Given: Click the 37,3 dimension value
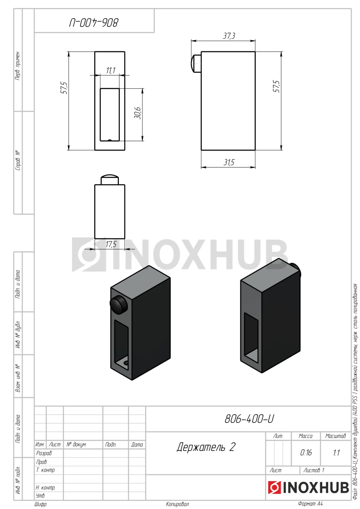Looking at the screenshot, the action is pos(229,36).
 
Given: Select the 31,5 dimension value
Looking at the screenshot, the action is pos(229,162).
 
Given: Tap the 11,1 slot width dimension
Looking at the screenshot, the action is pos(111,70).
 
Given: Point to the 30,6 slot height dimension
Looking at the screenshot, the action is pos(138,113).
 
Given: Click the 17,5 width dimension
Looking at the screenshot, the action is pos(111,244).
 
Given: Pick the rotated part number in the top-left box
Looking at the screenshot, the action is pos(94,23).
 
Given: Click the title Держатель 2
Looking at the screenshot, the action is pos(206,447).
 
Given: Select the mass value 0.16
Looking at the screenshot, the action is pos(306,453).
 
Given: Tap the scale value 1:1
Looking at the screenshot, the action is pos(337,453).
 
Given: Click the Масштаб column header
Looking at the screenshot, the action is pos(335,436).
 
